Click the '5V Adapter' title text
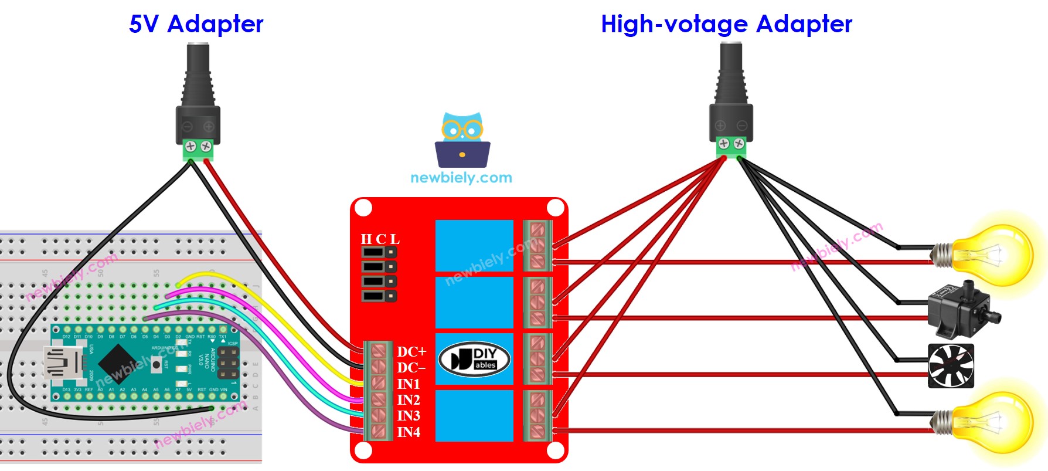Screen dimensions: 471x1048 pyautogui.click(x=196, y=24)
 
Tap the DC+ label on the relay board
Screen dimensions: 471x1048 pyautogui.click(x=411, y=352)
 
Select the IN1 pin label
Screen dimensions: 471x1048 pyautogui.click(x=409, y=384)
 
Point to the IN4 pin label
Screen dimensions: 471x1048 pyautogui.click(x=409, y=432)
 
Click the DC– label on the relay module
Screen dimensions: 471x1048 pyautogui.click(x=411, y=368)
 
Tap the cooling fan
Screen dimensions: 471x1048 pyautogui.click(x=951, y=366)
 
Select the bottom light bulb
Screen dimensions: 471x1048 pyautogui.click(x=991, y=422)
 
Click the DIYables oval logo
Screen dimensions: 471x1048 pyautogui.click(x=474, y=359)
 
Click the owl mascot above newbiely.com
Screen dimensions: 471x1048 pyautogui.click(x=462, y=141)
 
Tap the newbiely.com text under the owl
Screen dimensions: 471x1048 pyautogui.click(x=461, y=178)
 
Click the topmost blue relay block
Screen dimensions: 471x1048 pyautogui.click(x=474, y=245)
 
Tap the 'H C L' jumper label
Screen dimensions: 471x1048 pyautogui.click(x=380, y=239)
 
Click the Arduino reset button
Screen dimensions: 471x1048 pyautogui.click(x=156, y=365)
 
